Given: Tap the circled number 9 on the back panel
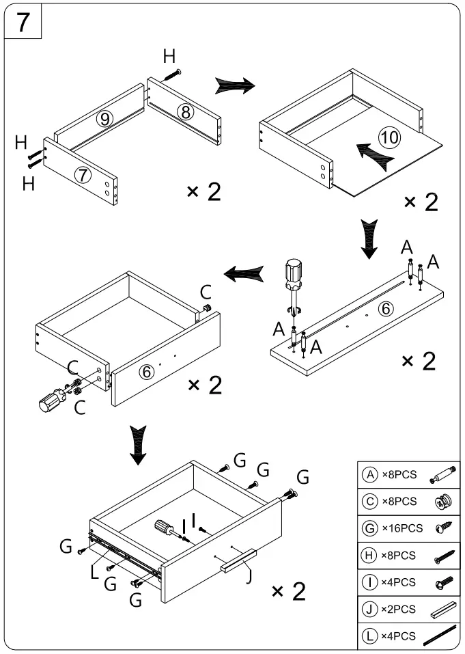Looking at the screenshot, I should coord(104,119).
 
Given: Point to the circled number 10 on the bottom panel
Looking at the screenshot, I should coord(390,137).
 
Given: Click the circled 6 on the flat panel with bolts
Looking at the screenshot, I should coord(386,308).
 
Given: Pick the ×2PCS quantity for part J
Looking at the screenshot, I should coord(397,610).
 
